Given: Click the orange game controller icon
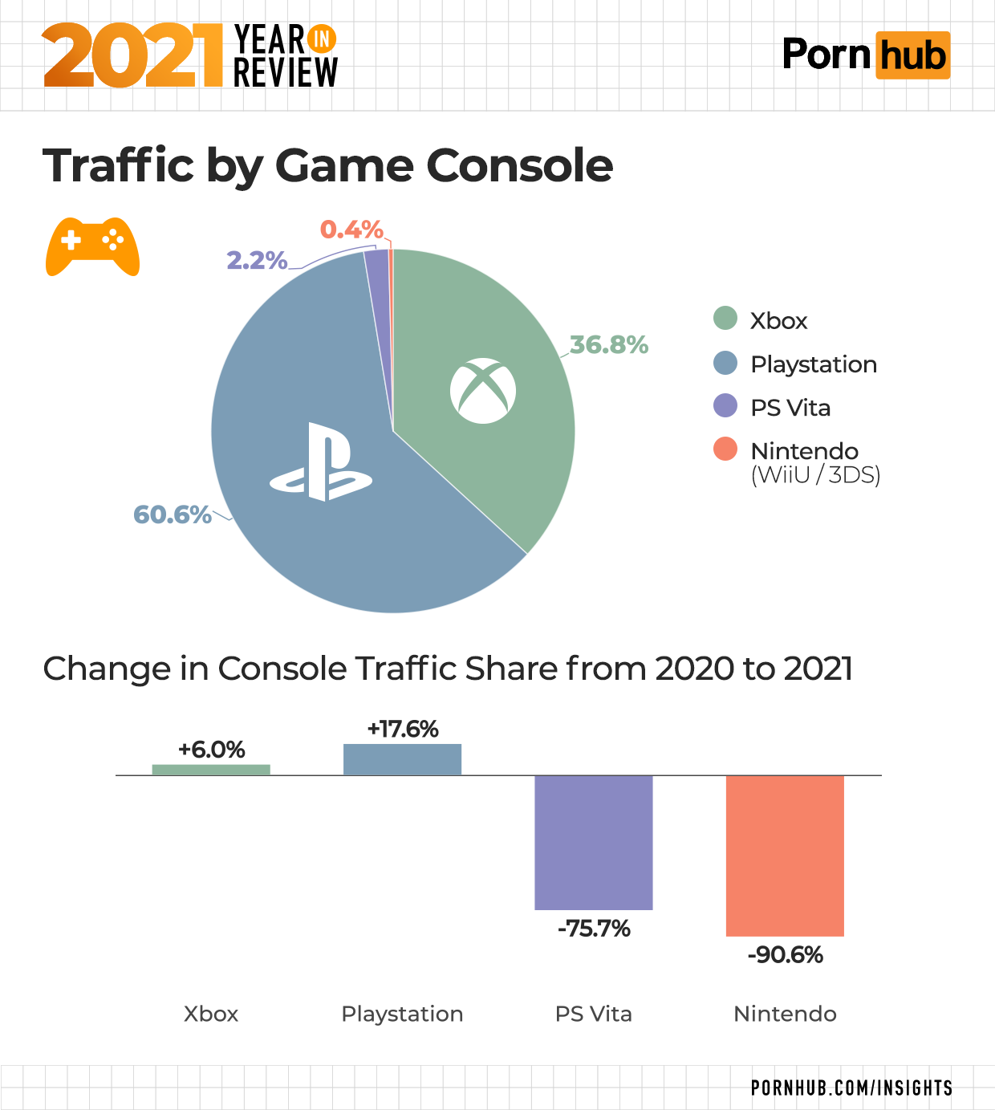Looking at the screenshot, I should coord(92,246).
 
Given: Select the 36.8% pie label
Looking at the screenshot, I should coord(609,345).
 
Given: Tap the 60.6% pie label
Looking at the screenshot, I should coord(172,514).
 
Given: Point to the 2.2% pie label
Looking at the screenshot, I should coord(257,260).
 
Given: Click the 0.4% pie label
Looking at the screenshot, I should coord(351,230).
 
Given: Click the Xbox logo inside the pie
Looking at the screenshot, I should coord(483,391).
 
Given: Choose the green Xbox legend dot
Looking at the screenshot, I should coord(725,319).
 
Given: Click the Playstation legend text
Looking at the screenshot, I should coord(813,364).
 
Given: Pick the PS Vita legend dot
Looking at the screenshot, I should coord(725,406).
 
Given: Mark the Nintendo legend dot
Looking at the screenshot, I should coord(725,449).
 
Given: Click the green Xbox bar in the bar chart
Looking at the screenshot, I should coord(211,770).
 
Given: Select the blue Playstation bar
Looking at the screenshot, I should coord(402,759).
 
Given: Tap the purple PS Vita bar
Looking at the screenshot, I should coord(594,842).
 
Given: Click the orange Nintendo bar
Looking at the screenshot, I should coord(785,856).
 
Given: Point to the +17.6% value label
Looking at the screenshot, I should coord(402,729).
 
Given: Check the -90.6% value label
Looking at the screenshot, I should coord(785,955).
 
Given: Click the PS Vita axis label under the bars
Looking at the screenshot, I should coord(594,1014).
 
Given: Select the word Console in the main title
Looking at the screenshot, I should coord(519,166).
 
